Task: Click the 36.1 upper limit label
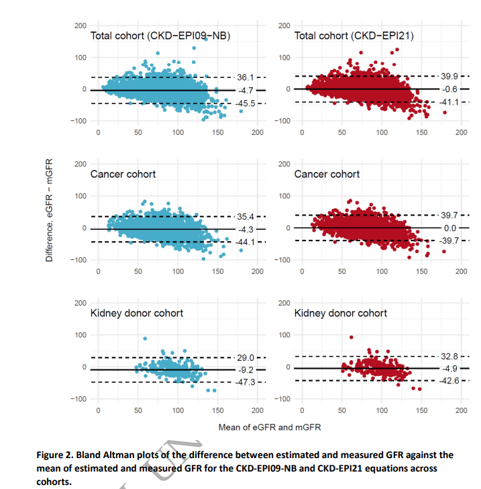click(245, 77)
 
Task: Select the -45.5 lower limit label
click(245, 103)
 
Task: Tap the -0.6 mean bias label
click(449, 89)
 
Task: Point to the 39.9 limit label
click(449, 77)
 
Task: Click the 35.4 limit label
click(245, 217)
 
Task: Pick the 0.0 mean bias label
click(450, 228)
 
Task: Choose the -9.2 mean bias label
click(246, 370)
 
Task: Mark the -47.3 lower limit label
click(245, 382)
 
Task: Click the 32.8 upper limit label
click(449, 357)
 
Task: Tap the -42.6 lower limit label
click(449, 381)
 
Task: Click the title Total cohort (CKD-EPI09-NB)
click(160, 36)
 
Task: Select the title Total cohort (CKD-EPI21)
click(354, 36)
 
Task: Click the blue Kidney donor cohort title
click(136, 313)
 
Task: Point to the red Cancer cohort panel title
click(327, 174)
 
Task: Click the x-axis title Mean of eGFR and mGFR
click(270, 427)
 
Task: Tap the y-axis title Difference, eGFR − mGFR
click(49, 210)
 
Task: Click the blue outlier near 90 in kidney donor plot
click(145, 339)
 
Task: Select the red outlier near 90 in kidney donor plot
click(352, 337)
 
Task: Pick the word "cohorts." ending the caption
click(54, 482)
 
